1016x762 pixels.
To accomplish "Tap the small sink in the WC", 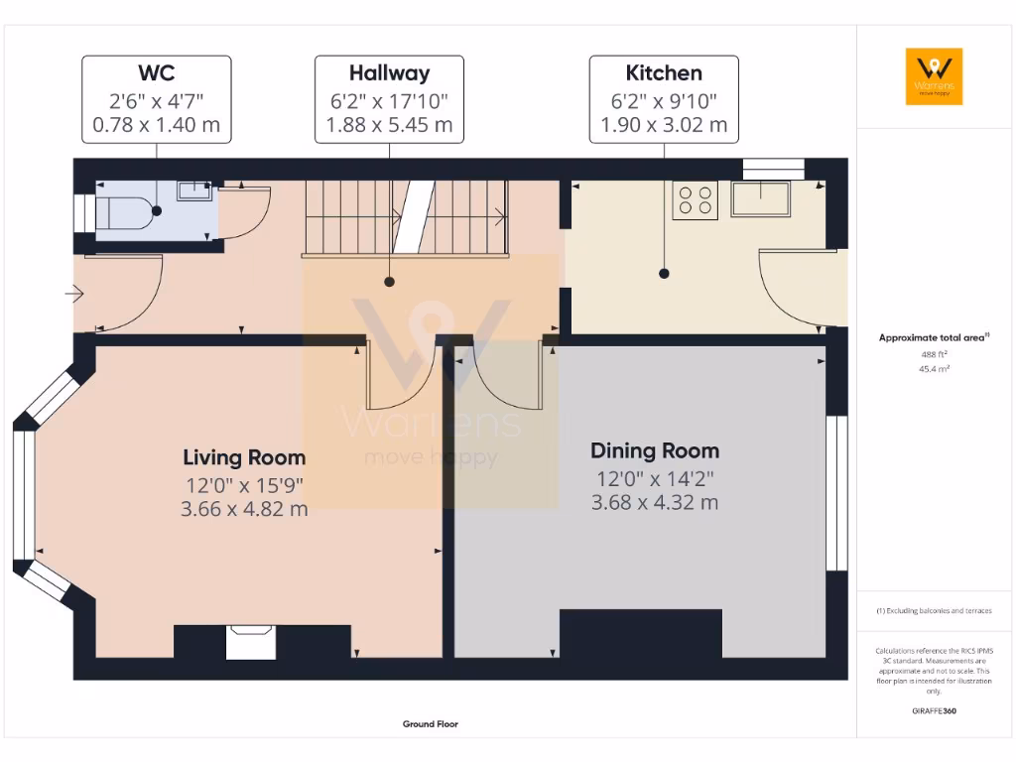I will pos(194,190).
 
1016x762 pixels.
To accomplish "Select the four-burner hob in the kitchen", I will pos(695,199).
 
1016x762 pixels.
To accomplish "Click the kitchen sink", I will pos(761,198).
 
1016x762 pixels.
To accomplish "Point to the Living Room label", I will pos(244,457).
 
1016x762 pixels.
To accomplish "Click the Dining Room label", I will pos(655,450).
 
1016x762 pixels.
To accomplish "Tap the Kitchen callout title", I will pos(664,73).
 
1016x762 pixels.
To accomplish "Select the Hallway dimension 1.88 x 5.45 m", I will pos(389,126).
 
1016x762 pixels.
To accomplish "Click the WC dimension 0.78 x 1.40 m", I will pos(156,126).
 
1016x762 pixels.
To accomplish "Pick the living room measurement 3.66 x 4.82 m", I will pos(244,509).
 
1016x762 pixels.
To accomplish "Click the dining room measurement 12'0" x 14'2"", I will pos(655,478).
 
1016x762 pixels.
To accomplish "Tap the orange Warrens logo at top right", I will pos(934,76).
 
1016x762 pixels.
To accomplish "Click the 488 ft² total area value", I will pos(934,354).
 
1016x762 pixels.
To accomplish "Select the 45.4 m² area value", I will pos(934,369).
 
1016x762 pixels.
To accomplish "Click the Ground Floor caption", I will pos(430,724).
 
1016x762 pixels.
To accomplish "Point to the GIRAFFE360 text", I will pos(934,710).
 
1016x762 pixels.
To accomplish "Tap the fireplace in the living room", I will pos(250,642).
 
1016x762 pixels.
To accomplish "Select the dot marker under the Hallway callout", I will pos(389,282).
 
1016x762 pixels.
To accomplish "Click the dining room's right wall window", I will pos(836,493).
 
